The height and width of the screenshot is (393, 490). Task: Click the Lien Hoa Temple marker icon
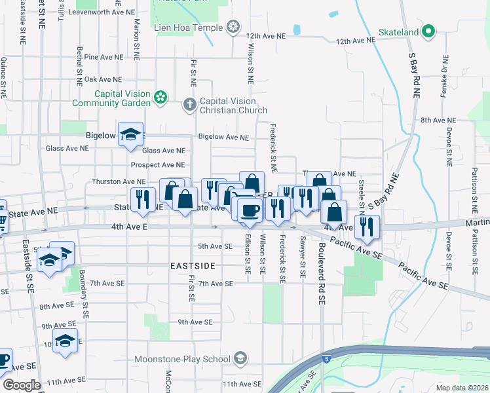233,27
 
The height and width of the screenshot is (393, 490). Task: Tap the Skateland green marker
428,31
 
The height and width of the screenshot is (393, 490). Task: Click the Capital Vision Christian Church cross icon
189,104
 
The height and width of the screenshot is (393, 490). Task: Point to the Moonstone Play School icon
240,358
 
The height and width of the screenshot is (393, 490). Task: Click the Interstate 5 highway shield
326,358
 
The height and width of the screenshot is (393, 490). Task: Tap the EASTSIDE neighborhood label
193,266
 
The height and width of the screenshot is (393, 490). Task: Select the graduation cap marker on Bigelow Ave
131,134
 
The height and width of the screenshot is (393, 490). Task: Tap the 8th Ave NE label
438,120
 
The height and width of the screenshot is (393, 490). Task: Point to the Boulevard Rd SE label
322,266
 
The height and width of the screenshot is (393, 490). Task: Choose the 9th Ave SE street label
194,322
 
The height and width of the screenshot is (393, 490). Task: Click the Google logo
22,385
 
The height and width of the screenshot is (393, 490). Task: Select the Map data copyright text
462,388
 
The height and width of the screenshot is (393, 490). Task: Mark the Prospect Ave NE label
157,165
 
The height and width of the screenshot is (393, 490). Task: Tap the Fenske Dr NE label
443,84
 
